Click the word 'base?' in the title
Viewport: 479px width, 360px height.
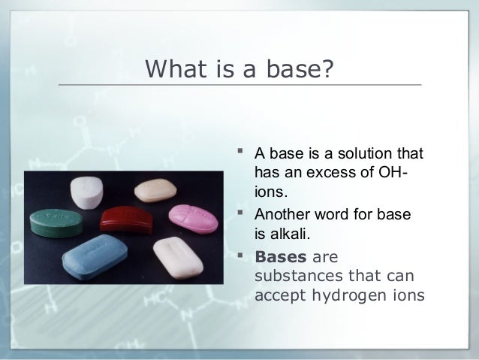(x=300, y=68)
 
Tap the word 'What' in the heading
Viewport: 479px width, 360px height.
(x=176, y=68)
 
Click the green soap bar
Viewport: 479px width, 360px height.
(x=56, y=223)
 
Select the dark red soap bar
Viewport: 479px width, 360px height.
(x=126, y=219)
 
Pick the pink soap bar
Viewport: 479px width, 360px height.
(x=194, y=219)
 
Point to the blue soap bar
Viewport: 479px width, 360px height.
(x=95, y=257)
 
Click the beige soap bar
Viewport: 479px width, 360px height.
(x=155, y=191)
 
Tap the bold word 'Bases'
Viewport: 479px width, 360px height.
(x=281, y=256)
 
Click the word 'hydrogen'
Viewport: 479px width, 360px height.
(x=349, y=296)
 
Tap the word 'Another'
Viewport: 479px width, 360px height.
(x=282, y=214)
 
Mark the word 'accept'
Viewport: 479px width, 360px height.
(x=280, y=296)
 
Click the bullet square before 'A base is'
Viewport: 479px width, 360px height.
(x=240, y=151)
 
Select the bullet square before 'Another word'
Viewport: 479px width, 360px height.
(x=240, y=212)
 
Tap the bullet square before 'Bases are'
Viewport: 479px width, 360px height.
(x=240, y=255)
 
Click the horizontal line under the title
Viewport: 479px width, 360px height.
(x=239, y=84)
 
